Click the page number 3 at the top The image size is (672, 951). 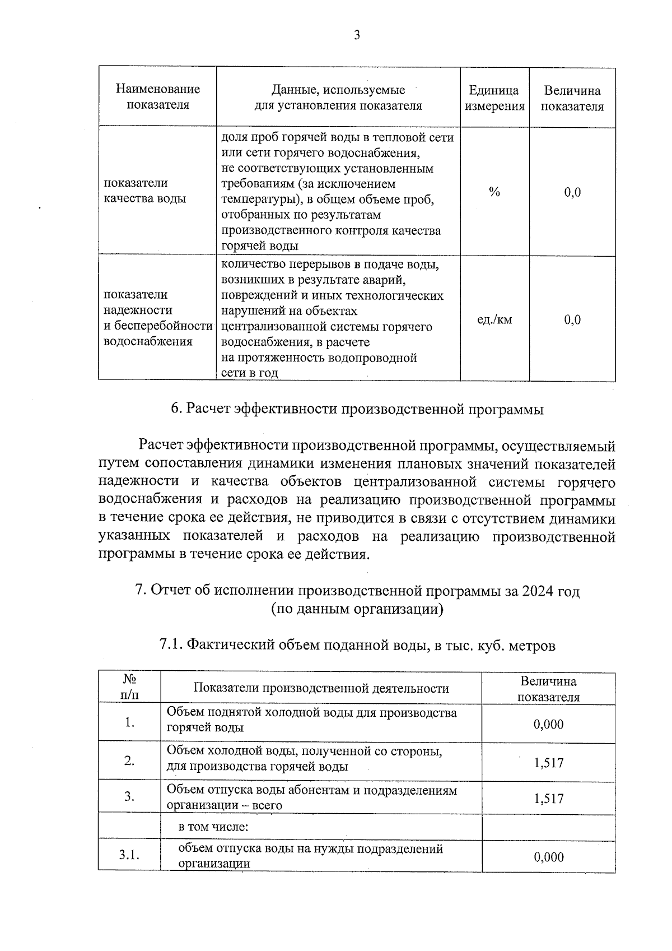point(357,36)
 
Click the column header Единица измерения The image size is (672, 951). point(494,98)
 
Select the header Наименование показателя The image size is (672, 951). point(157,97)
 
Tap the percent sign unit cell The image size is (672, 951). point(494,192)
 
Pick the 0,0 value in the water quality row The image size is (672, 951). point(572,193)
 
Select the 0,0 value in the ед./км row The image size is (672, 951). point(572,320)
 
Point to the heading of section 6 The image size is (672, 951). point(357,410)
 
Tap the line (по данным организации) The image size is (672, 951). point(357,609)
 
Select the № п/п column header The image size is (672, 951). point(129,687)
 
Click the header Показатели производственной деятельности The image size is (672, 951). point(321,688)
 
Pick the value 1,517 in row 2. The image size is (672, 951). point(549,763)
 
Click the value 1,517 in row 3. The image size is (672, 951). point(549,799)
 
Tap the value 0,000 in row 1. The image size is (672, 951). point(549,725)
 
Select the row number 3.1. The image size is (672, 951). point(129,855)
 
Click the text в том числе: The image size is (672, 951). point(213,827)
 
